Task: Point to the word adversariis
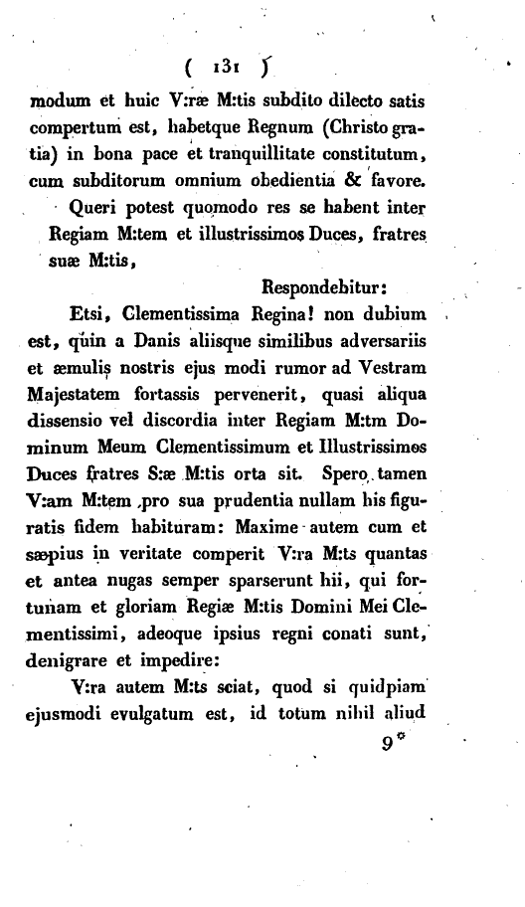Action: pyautogui.click(x=383, y=343)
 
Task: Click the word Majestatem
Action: pyautogui.click(x=78, y=396)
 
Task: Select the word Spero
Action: pyautogui.click(x=356, y=475)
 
